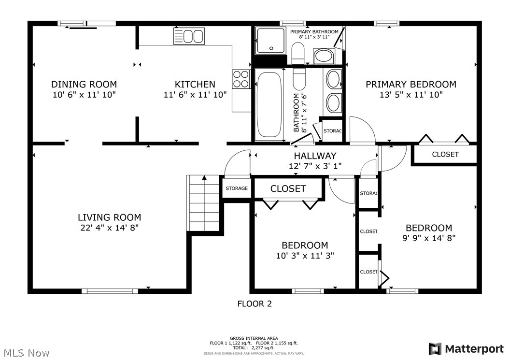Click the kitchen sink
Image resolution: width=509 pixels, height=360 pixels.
click(x=189, y=36)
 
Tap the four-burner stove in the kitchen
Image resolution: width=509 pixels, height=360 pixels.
click(x=241, y=79)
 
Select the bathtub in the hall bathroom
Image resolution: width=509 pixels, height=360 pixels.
click(x=269, y=105)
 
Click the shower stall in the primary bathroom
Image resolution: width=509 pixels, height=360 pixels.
click(x=271, y=41)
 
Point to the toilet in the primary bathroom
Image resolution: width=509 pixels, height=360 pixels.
click(x=297, y=53)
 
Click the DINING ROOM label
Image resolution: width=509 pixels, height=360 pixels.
click(x=84, y=85)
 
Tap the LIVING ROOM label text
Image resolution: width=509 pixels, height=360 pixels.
click(x=110, y=217)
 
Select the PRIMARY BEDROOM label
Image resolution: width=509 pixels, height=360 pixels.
click(x=411, y=85)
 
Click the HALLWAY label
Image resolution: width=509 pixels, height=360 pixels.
click(x=315, y=156)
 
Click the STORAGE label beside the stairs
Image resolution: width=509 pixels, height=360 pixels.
click(x=237, y=188)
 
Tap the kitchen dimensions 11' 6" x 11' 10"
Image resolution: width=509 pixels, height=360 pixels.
click(x=195, y=95)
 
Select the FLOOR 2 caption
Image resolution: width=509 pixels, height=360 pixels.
click(x=254, y=304)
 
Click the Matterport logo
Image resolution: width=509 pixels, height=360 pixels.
click(x=466, y=349)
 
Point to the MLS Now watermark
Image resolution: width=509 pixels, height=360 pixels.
click(x=27, y=353)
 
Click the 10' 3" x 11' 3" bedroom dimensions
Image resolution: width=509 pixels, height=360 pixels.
click(x=305, y=256)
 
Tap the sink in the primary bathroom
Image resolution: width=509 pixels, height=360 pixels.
click(x=324, y=56)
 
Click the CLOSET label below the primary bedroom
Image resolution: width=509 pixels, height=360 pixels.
click(x=445, y=154)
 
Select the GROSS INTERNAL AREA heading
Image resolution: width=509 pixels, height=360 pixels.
click(x=254, y=338)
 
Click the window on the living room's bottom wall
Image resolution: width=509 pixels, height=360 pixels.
click(x=110, y=291)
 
